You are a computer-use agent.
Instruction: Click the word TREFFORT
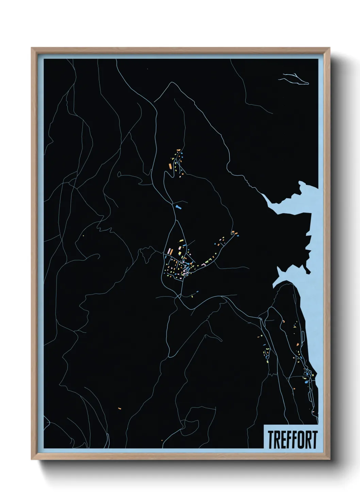pyautogui.click(x=292, y=440)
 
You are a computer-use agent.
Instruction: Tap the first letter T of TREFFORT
pyautogui.click(x=270, y=440)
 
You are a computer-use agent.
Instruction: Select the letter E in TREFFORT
pyautogui.click(x=282, y=440)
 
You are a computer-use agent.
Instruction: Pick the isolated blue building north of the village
pyautogui.click(x=178, y=207)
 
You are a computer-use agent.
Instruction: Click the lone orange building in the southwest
pyautogui.click(x=119, y=408)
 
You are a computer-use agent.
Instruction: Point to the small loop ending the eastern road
pyautogui.click(x=233, y=233)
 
